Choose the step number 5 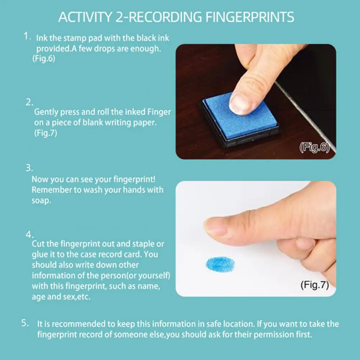25,323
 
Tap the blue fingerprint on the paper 220,264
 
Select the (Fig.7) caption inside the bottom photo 314,286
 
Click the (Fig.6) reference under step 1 44,59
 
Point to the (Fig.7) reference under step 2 46,133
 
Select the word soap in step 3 41,201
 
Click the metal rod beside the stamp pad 306,115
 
